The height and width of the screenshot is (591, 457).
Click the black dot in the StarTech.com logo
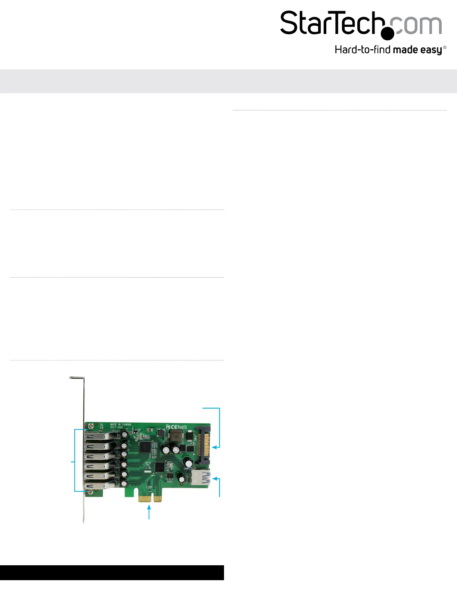pyautogui.click(x=388, y=34)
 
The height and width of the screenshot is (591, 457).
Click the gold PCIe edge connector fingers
pyautogui.click(x=150, y=498)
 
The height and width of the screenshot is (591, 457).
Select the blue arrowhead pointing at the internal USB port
pyautogui.click(x=214, y=478)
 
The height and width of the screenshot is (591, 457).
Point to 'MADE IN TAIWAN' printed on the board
pyautogui.click(x=121, y=425)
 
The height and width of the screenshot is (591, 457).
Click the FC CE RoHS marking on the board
pyautogui.click(x=176, y=426)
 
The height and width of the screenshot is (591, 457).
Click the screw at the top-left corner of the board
pyautogui.click(x=90, y=425)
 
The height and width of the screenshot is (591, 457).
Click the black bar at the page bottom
pyautogui.click(x=112, y=572)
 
